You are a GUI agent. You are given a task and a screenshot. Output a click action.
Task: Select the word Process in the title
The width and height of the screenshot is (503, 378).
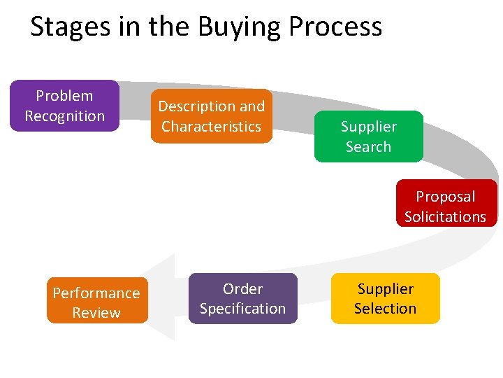335,27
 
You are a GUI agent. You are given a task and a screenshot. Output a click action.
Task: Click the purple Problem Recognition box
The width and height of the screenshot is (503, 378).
64,106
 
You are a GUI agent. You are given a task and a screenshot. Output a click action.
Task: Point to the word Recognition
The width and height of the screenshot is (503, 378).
64,116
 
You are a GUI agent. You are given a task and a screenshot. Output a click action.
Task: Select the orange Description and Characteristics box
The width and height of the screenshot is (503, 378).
211,116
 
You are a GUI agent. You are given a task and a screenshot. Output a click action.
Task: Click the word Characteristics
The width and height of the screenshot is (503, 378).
211,127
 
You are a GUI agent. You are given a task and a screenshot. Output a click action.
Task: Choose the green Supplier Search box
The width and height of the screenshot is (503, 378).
368,136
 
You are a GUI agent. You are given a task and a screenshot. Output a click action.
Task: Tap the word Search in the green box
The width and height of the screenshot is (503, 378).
368,147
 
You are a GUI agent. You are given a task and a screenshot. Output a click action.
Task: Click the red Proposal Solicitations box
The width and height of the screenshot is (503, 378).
445,204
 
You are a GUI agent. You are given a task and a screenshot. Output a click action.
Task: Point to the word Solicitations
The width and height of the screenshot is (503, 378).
445,217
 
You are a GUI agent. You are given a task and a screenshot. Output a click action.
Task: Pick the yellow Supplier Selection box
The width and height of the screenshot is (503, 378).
385,298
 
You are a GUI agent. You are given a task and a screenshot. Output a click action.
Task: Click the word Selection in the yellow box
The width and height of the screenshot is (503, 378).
385,309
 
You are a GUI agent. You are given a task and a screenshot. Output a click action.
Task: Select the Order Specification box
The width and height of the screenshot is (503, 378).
242,298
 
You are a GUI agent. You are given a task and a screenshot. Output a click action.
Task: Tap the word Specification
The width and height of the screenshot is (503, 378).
242,309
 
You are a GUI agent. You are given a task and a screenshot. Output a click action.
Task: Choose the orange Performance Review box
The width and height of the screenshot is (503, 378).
96,302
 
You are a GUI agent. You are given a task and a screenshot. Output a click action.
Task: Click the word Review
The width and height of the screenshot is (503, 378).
96,313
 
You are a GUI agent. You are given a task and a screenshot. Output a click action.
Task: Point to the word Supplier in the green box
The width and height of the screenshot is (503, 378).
368,127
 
